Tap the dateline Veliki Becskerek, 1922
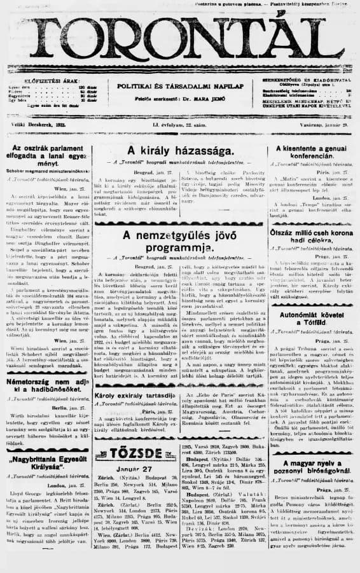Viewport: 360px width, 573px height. click(36, 126)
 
